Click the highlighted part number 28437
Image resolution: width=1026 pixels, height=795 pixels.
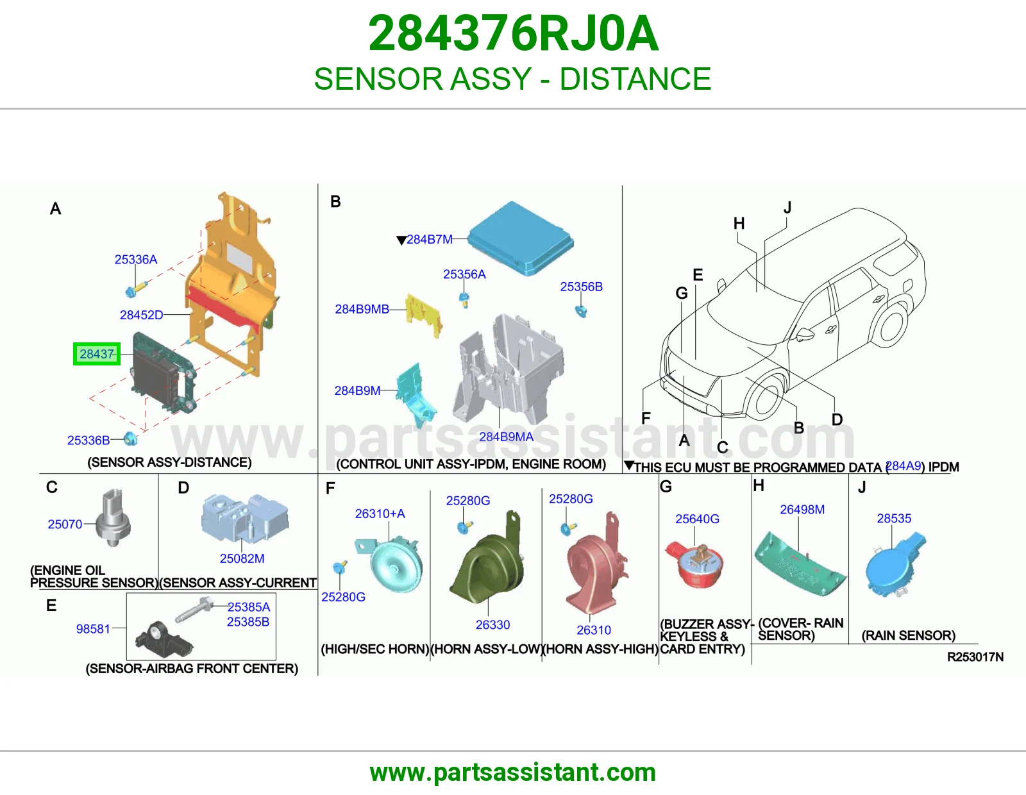click(x=97, y=354)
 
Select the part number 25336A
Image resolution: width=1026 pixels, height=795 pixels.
click(x=136, y=259)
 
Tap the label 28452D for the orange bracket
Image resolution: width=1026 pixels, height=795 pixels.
click(x=141, y=315)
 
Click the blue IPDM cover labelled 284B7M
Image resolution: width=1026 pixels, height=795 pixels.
click(x=521, y=238)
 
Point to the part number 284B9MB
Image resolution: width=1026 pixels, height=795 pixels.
click(x=362, y=309)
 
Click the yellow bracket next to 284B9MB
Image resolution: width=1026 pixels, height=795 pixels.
click(x=424, y=315)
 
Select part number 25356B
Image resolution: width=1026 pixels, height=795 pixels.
click(x=581, y=287)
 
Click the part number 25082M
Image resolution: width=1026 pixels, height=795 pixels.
click(x=242, y=558)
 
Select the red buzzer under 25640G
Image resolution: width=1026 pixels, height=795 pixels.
click(x=694, y=565)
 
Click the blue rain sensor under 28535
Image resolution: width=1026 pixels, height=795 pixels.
click(x=895, y=565)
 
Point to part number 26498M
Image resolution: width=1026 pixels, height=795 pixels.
click(x=802, y=510)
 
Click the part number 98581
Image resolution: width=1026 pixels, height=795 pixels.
click(x=93, y=629)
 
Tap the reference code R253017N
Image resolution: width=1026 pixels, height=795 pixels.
click(x=975, y=657)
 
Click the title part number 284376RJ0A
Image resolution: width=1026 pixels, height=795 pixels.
click(x=513, y=33)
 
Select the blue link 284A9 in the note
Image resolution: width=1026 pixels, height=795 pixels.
click(x=904, y=466)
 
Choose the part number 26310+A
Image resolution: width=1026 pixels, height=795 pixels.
click(x=380, y=514)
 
